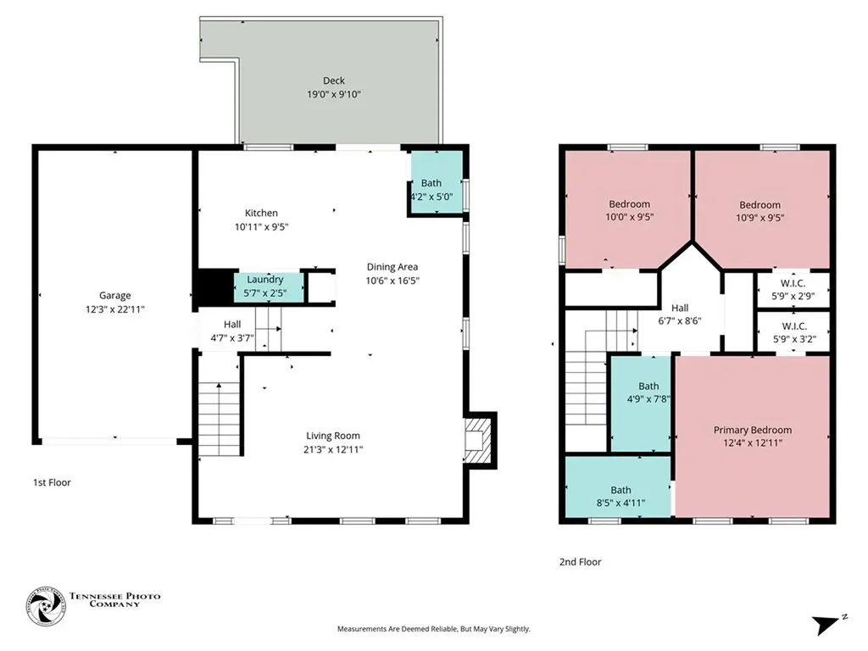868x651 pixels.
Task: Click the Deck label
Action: point(334,81)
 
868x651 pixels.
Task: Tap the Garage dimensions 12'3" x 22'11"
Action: point(115,309)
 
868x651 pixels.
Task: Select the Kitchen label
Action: point(261,213)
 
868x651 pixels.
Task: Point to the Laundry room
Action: point(269,287)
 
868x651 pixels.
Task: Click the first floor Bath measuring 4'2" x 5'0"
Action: point(437,182)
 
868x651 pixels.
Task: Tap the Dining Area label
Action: point(392,267)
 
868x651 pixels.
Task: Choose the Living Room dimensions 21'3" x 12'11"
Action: point(333,449)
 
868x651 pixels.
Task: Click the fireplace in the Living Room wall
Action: point(478,440)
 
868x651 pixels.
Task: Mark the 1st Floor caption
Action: point(52,482)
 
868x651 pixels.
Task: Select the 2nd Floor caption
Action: point(580,562)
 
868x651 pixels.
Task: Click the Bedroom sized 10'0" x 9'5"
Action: point(628,209)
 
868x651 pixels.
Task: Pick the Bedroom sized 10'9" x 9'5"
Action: point(762,209)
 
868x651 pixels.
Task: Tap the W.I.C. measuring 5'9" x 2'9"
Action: point(793,290)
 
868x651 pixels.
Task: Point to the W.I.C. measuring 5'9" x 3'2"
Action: point(793,332)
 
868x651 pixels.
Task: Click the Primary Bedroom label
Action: point(753,430)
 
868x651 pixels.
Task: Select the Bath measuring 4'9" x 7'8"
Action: point(641,403)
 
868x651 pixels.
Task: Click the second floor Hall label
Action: point(680,309)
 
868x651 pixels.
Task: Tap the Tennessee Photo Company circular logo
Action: point(46,606)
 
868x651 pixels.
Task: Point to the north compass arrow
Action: point(826,625)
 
